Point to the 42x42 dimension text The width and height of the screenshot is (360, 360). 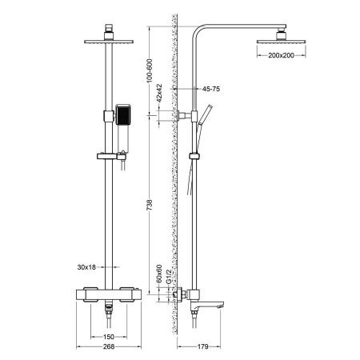click(x=159, y=100)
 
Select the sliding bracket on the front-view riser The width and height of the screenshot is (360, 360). click(x=106, y=153)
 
